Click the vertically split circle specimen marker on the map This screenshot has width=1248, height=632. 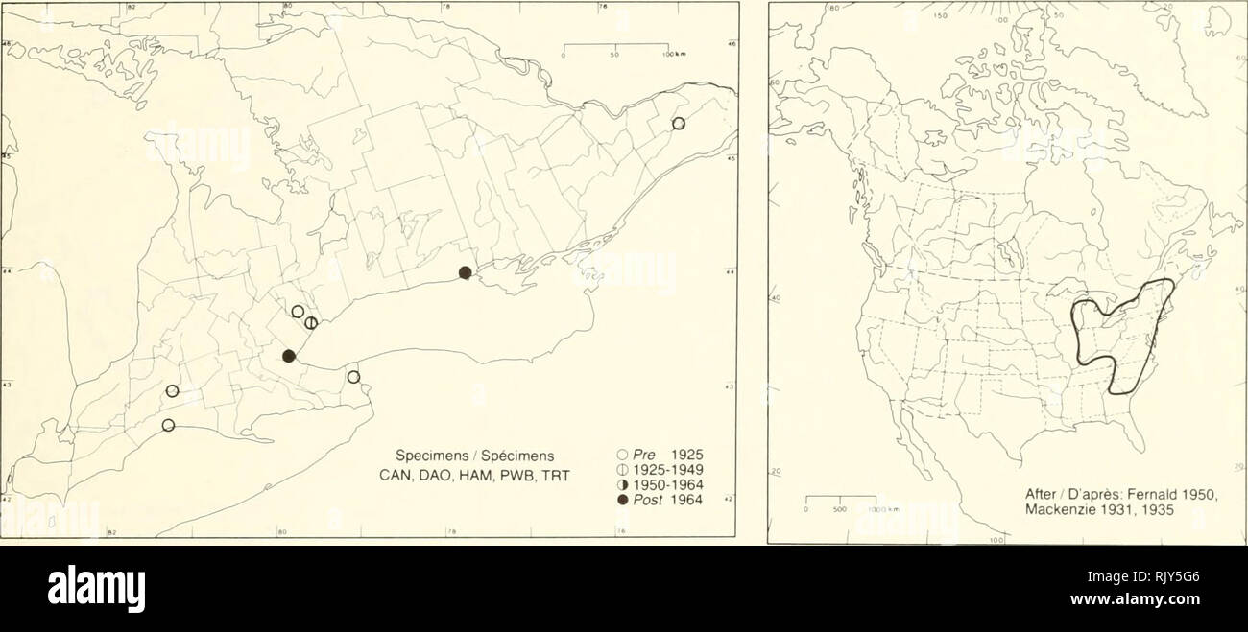(311, 323)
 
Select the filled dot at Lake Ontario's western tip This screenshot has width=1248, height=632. (289, 356)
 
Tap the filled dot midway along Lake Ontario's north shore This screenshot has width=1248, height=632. (465, 272)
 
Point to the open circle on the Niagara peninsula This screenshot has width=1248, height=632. (353, 377)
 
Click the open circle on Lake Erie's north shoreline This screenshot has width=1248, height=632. (168, 425)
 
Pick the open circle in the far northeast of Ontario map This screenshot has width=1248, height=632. (679, 123)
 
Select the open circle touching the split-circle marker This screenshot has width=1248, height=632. (298, 312)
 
